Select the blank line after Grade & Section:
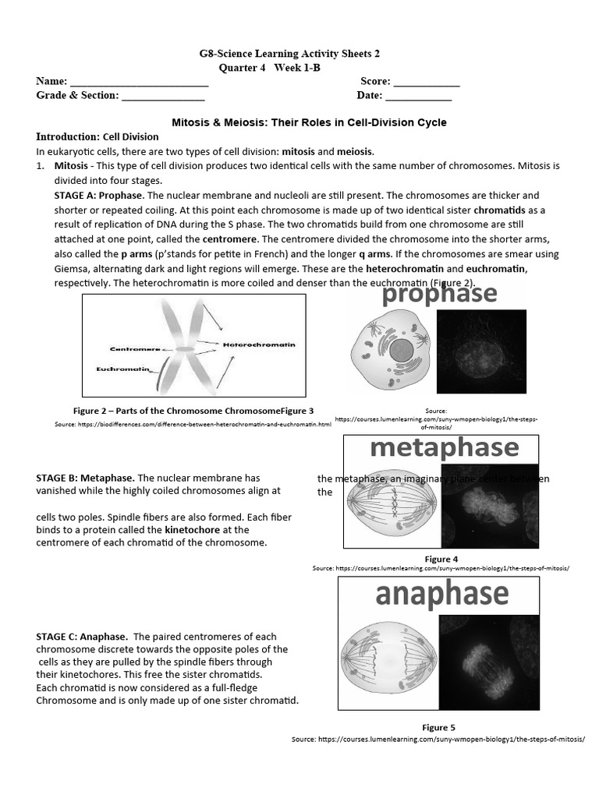pyautogui.click(x=163, y=97)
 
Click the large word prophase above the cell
pyautogui.click(x=439, y=294)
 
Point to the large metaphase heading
pyautogui.click(x=444, y=448)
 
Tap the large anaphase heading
pyautogui.click(x=441, y=594)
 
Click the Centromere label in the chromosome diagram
pyautogui.click(x=136, y=348)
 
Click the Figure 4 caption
pyautogui.click(x=441, y=559)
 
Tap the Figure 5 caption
pyautogui.click(x=438, y=727)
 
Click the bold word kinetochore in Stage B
pyautogui.click(x=191, y=530)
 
